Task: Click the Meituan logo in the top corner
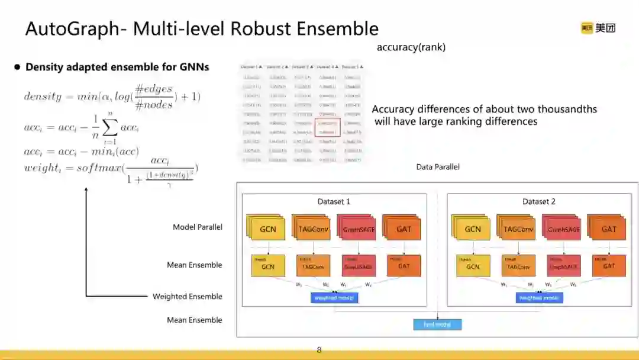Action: [x=598, y=28]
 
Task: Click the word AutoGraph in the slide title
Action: [x=71, y=28]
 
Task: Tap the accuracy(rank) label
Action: [x=411, y=47]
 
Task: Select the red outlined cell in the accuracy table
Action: [x=327, y=127]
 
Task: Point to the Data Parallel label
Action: [x=438, y=167]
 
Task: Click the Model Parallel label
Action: [x=197, y=227]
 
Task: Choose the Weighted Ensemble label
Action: [x=187, y=296]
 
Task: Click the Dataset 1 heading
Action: [x=334, y=201]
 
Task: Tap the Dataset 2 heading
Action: [x=538, y=201]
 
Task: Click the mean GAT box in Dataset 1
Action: [x=404, y=265]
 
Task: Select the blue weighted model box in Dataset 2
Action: [x=538, y=298]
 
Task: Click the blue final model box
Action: [x=437, y=324]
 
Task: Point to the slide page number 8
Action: [x=319, y=350]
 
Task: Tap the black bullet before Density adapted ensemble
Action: [x=17, y=67]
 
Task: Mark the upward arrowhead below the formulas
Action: [x=86, y=190]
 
